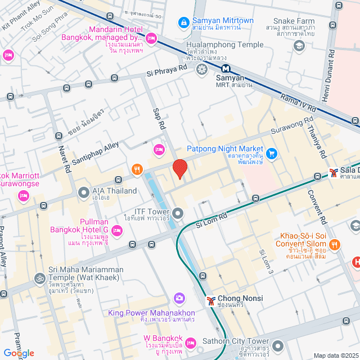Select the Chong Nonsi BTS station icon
click(211, 299)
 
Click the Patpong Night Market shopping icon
click(272, 153)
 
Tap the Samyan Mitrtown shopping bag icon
click(183, 22)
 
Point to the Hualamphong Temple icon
click(201, 69)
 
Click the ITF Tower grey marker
click(178, 213)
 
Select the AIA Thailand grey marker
click(83, 191)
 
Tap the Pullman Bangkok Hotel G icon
click(117, 229)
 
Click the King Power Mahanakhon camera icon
click(179, 298)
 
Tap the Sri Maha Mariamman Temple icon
click(40, 278)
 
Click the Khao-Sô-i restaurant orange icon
click(335, 244)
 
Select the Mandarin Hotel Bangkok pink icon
click(151, 39)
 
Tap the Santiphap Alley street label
click(96, 152)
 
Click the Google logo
click(19, 353)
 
